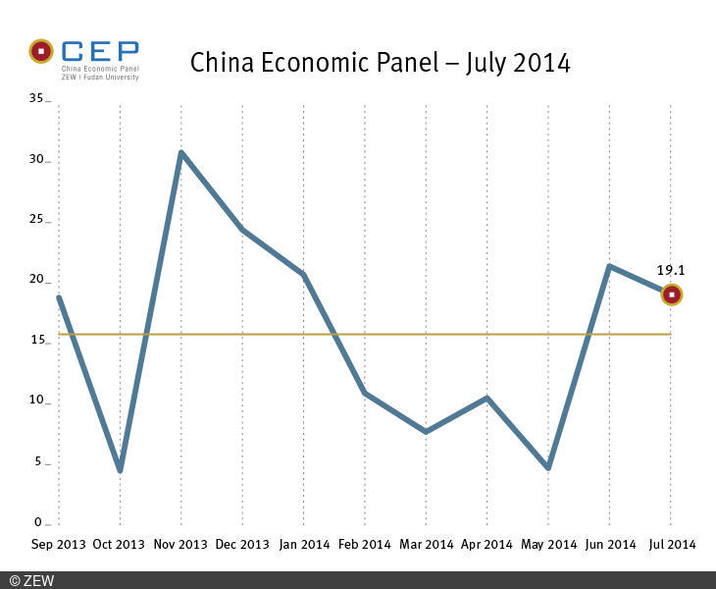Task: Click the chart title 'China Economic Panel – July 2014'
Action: tap(380, 63)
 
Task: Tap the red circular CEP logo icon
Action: tap(41, 50)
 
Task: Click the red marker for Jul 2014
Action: tap(671, 294)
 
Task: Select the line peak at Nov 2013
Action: tap(181, 152)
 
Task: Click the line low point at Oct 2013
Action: tap(120, 470)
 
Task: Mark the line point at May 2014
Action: tap(547, 467)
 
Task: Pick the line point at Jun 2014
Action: tap(609, 266)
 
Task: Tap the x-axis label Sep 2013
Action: tap(57, 544)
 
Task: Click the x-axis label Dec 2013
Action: tap(241, 544)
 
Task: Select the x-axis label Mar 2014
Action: tap(425, 544)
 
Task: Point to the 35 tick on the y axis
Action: tap(37, 99)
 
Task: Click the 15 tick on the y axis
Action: tap(37, 341)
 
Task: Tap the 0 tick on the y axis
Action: tap(40, 522)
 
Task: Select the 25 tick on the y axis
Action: tap(37, 220)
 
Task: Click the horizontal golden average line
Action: tap(392, 334)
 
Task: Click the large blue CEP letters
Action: tap(99, 52)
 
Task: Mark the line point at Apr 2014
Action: tap(486, 398)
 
